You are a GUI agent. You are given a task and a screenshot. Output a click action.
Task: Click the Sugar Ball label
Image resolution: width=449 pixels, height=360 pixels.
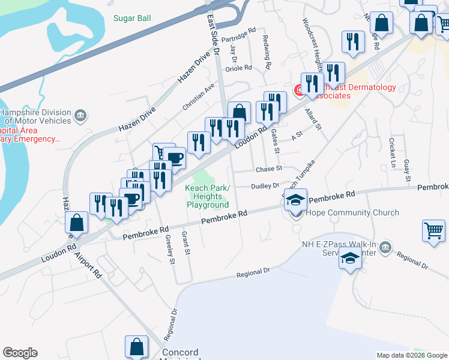[132, 18]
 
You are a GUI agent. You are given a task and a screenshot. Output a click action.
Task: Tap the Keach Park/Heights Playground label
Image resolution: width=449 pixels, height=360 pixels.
[208, 197]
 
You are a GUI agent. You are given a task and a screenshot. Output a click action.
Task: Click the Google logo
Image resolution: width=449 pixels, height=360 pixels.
[20, 353]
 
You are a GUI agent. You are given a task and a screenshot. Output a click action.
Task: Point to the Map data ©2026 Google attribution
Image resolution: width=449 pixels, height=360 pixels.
[412, 355]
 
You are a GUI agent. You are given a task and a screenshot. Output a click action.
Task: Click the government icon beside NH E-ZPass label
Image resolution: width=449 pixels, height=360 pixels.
[385, 247]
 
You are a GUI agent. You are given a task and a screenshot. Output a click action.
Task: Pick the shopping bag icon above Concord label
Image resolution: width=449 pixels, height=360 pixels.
[136, 346]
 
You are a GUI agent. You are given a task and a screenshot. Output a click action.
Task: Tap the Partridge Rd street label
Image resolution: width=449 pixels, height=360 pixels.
[238, 34]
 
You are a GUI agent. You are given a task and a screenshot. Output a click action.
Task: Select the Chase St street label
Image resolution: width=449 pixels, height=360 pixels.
[269, 169]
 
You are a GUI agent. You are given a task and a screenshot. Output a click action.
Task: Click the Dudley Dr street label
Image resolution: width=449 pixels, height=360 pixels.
[265, 186]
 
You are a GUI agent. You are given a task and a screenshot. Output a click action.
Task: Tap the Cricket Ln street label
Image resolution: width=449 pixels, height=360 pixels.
[393, 152]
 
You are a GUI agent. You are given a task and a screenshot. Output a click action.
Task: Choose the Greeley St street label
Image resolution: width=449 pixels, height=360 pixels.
[169, 249]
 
